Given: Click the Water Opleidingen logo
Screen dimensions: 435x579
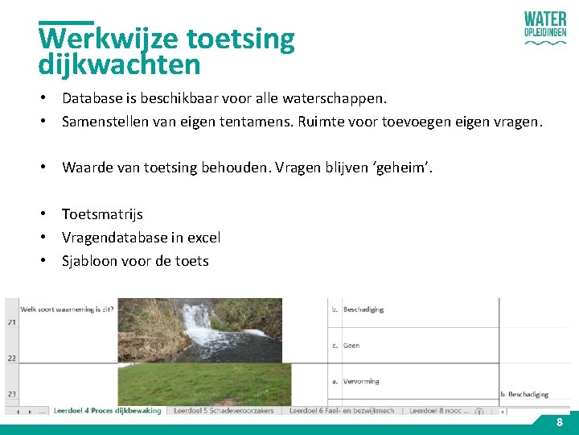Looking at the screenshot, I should pyautogui.click(x=544, y=29).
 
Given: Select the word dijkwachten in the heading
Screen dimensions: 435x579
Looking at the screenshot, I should pyautogui.click(x=119, y=64).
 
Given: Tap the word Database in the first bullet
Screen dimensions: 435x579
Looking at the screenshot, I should pyautogui.click(x=91, y=98).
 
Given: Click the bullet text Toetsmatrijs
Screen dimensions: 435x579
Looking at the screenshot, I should pyautogui.click(x=102, y=214).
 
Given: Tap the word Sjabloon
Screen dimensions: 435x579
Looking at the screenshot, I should pyautogui.click(x=90, y=261).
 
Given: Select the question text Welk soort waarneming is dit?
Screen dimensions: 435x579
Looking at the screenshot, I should pyautogui.click(x=67, y=309).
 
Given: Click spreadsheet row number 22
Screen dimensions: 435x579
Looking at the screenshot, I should pyautogui.click(x=11, y=357).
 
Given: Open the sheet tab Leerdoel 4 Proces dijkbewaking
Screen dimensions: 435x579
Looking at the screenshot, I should pyautogui.click(x=107, y=411).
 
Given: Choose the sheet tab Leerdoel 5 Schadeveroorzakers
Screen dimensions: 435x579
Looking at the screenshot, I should pyautogui.click(x=224, y=411).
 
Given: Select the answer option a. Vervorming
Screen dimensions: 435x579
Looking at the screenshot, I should pyautogui.click(x=360, y=381).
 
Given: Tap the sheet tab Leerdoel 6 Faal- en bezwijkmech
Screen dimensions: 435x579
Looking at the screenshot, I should pyautogui.click(x=342, y=411).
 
